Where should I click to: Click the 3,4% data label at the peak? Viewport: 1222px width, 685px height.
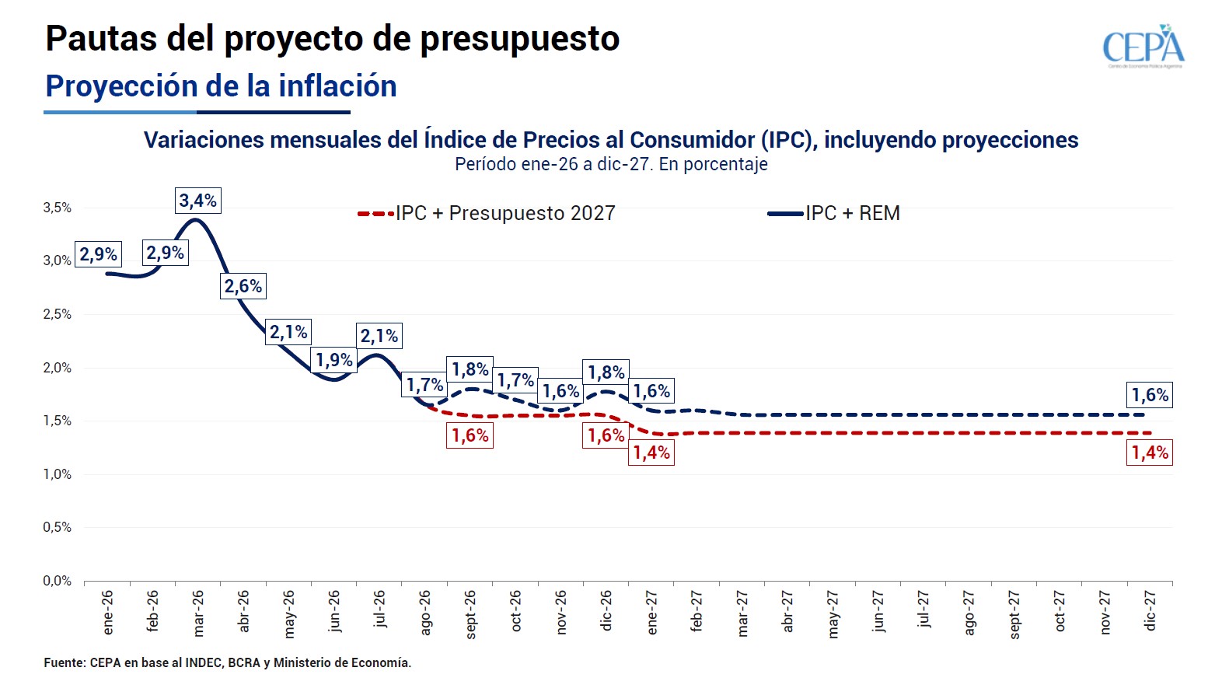pyautogui.click(x=198, y=201)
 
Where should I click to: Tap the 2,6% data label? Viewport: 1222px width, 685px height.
pyautogui.click(x=243, y=286)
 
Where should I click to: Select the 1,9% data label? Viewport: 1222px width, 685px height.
pyautogui.click(x=333, y=360)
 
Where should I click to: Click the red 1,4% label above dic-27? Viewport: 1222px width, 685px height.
pyautogui.click(x=1150, y=453)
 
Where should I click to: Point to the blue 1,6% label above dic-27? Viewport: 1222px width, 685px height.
pyautogui.click(x=1150, y=395)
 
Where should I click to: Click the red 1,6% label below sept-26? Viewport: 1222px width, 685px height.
pyautogui.click(x=470, y=435)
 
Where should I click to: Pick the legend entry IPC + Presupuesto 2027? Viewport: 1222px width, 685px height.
pyautogui.click(x=487, y=213)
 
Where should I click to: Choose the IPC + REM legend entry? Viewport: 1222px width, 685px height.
pyautogui.click(x=834, y=213)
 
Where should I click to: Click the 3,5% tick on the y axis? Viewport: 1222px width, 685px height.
pyautogui.click(x=58, y=208)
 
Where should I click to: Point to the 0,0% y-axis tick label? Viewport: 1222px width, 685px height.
pyautogui.click(x=58, y=581)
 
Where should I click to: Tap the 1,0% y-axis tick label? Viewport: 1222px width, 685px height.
pyautogui.click(x=58, y=474)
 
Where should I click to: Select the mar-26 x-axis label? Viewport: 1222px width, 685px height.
pyautogui.click(x=198, y=613)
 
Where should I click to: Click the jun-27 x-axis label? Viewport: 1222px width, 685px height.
pyautogui.click(x=878, y=611)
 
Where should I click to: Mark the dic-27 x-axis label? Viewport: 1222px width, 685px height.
pyautogui.click(x=1150, y=611)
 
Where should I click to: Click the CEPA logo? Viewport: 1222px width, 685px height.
pyautogui.click(x=1143, y=46)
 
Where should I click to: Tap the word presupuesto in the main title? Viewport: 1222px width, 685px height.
pyautogui.click(x=520, y=40)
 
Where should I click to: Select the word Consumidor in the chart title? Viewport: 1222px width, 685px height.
pyautogui.click(x=693, y=140)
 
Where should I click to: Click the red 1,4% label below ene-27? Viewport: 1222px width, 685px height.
pyautogui.click(x=651, y=453)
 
